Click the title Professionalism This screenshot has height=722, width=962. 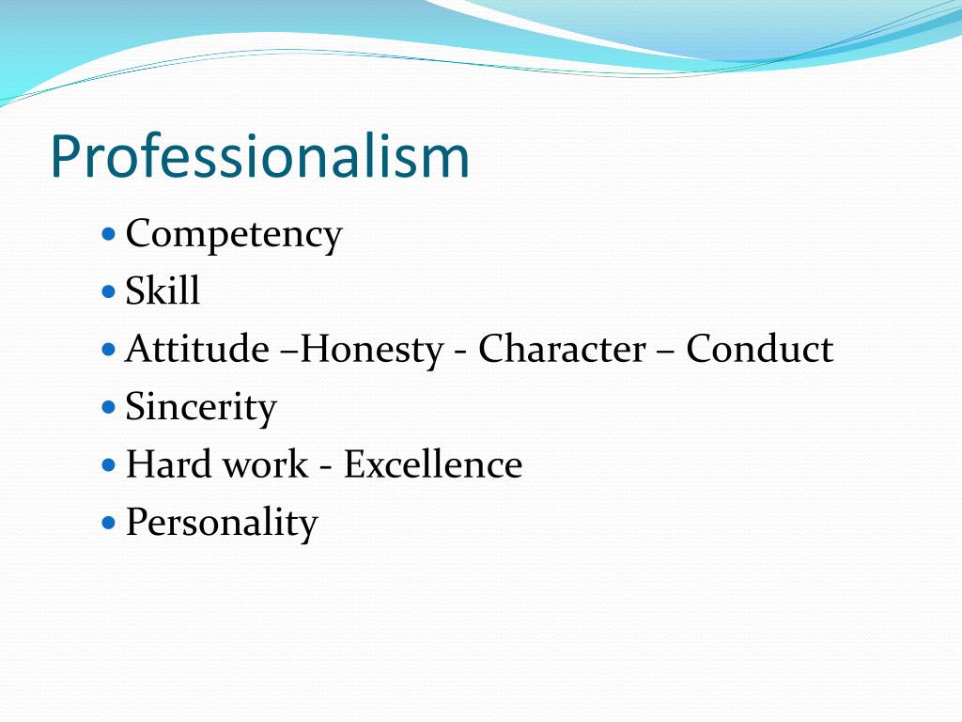tap(259, 156)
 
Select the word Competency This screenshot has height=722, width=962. tap(234, 234)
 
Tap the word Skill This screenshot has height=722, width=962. tap(163, 291)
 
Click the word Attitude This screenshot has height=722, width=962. tap(196, 350)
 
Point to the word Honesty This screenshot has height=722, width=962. tap(372, 350)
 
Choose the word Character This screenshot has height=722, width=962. tap(562, 350)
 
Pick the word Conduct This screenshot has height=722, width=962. tap(759, 350)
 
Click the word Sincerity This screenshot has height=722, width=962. tap(201, 408)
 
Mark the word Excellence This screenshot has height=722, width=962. tap(432, 465)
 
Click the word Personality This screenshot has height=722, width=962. tap(222, 523)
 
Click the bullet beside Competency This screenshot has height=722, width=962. tap(108, 231)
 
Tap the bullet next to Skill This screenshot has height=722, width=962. tap(108, 290)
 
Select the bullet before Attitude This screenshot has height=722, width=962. tap(108, 348)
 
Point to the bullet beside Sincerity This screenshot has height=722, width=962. tap(108, 405)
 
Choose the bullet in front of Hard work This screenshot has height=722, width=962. tap(108, 463)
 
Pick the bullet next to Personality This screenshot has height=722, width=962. tap(108, 521)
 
